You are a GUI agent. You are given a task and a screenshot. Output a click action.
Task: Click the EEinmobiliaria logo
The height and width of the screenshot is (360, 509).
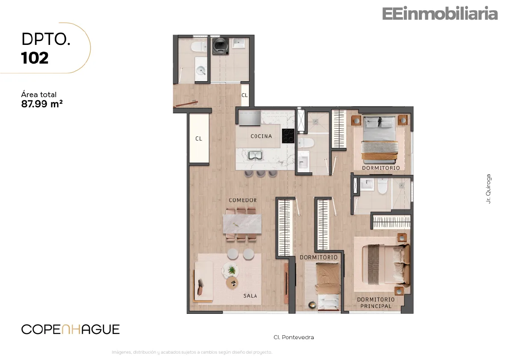[x=440, y=14]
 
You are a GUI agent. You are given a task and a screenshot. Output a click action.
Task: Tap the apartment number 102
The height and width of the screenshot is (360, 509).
[x=35, y=58]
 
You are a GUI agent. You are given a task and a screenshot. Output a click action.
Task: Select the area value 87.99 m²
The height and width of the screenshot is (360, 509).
[x=42, y=104]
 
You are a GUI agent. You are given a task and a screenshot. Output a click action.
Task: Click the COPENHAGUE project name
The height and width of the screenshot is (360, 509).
[x=71, y=329]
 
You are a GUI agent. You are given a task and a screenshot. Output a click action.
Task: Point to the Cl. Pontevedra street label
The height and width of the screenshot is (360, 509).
[x=294, y=337]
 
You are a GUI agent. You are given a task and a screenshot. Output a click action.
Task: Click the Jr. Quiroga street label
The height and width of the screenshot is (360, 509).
[x=488, y=189]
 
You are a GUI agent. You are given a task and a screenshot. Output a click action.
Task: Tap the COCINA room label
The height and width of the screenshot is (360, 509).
[x=261, y=136]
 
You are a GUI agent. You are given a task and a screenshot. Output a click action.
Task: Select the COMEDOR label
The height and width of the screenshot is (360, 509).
[x=243, y=200]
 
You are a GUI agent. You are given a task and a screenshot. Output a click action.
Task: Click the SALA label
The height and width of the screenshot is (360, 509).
[x=250, y=296]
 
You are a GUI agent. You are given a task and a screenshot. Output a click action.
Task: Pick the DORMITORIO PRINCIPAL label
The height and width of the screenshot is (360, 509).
[x=376, y=303]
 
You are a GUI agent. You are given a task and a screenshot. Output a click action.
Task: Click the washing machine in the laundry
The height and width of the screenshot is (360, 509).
[x=221, y=47]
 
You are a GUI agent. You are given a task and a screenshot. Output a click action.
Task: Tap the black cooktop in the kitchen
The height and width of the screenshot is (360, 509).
[x=288, y=136]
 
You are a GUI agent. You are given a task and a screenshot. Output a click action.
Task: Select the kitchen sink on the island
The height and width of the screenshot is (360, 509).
[x=256, y=156]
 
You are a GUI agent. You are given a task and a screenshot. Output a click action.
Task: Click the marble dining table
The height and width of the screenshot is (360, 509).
[x=242, y=224]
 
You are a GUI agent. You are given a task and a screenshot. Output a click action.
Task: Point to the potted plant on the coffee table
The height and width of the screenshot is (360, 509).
[x=232, y=270]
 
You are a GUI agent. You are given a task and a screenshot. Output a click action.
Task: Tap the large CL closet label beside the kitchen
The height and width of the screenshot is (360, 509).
[x=199, y=139]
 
